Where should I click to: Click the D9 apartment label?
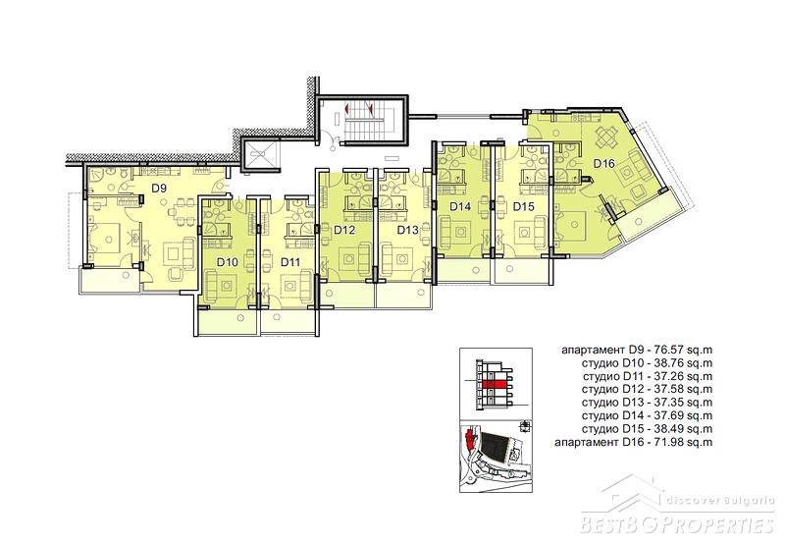point(159,189)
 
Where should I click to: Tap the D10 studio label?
point(228,261)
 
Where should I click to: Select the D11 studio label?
point(290,261)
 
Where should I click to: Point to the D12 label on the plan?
point(344,230)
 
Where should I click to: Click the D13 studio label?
point(407,230)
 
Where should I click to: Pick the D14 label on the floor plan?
point(460,206)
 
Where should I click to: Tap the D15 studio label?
point(524,206)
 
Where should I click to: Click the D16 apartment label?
point(603,163)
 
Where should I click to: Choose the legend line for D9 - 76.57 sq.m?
point(637,350)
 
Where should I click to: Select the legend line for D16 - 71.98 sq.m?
point(633,442)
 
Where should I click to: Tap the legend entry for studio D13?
point(647,403)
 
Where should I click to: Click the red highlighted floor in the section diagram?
point(496,385)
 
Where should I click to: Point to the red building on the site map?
point(469,439)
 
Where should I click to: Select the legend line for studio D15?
point(647,429)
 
